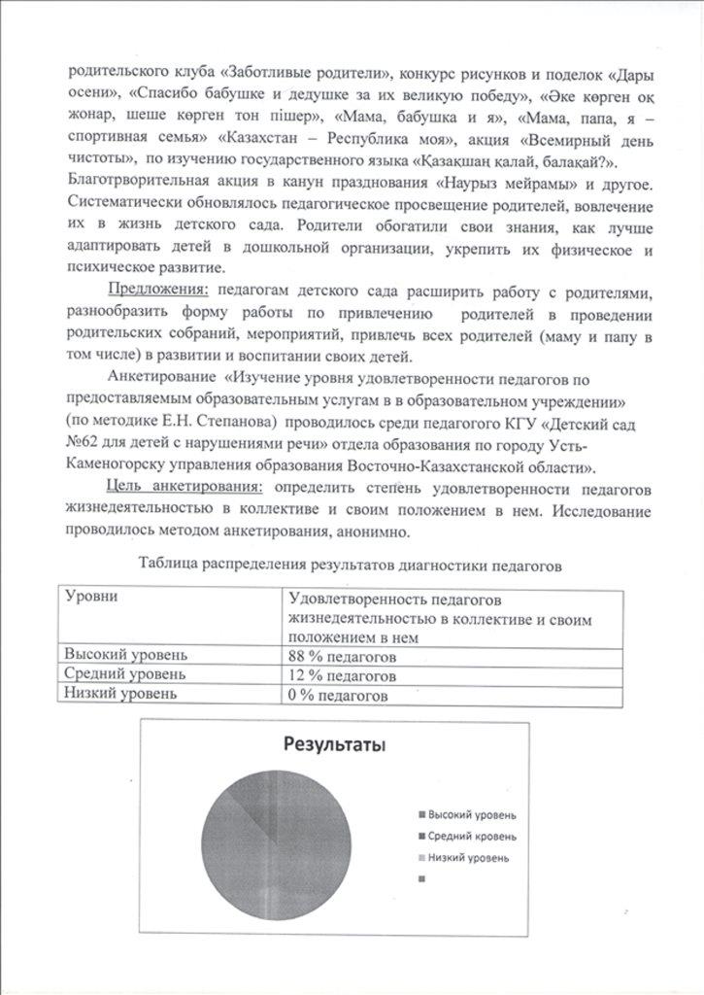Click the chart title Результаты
[334, 745]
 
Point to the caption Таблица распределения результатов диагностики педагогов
[351, 564]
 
